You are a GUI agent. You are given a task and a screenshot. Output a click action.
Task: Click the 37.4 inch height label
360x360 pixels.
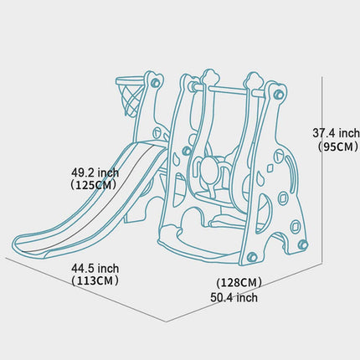click(x=336, y=133)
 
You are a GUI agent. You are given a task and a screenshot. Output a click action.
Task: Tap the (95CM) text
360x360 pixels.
click(x=338, y=147)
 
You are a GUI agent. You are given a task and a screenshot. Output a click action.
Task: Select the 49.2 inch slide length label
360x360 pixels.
click(x=95, y=172)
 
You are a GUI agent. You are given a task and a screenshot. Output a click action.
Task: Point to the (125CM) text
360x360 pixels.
click(x=94, y=185)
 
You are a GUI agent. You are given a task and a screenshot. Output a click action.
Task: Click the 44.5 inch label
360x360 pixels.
click(x=95, y=269)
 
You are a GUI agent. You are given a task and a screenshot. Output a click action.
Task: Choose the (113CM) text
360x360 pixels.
click(x=95, y=280)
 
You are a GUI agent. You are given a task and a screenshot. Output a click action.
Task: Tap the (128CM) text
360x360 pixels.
click(x=239, y=283)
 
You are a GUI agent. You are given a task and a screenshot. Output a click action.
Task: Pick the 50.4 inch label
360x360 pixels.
click(x=234, y=297)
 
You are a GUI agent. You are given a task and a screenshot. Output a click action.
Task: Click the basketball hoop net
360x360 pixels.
click(x=129, y=100)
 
